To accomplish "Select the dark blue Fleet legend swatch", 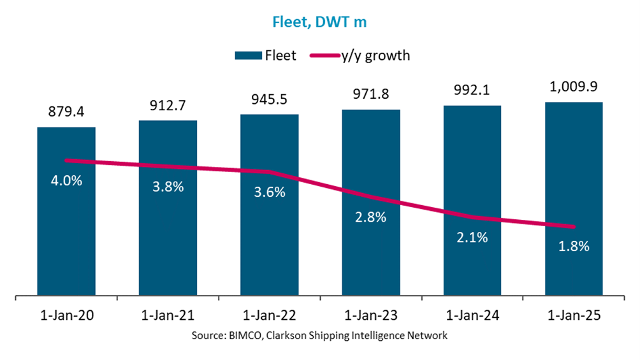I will click(248, 55).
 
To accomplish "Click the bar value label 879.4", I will click(66, 113).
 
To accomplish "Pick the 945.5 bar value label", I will click(270, 101).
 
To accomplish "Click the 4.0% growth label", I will click(66, 180).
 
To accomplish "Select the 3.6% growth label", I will click(270, 192).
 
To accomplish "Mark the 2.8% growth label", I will click(371, 217).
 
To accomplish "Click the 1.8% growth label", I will click(574, 247).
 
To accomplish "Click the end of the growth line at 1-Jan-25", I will click(574, 227).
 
